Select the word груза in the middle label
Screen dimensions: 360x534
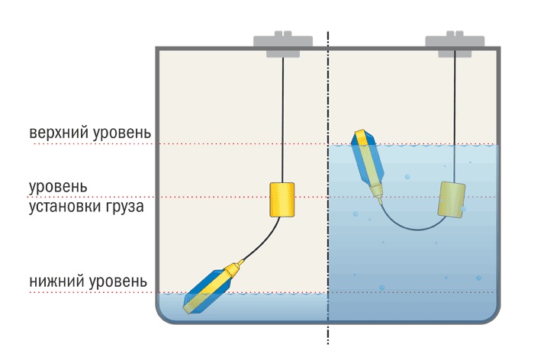(x=121, y=205)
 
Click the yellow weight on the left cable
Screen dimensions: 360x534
(x=281, y=199)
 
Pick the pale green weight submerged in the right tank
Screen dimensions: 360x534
(x=452, y=199)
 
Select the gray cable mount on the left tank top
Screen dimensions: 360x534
(x=283, y=45)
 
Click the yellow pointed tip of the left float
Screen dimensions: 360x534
(x=240, y=264)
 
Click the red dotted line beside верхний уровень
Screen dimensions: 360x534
(x=229, y=143)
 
